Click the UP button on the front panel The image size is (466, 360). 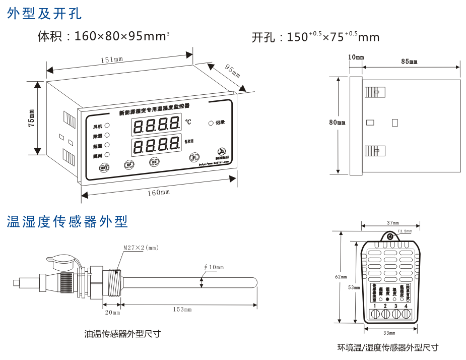point(128,164)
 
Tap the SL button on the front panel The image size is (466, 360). point(193,158)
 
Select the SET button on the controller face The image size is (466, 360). point(104,168)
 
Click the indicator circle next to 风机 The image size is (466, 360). point(107,126)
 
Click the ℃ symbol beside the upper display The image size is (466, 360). point(188,122)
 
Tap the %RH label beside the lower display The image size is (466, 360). point(188,142)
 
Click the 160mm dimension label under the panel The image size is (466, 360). point(159,192)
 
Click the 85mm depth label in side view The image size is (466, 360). point(409,62)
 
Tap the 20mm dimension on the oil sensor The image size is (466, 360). point(112,313)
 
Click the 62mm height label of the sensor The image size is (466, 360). point(341,277)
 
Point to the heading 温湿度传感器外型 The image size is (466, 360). point(68,221)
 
